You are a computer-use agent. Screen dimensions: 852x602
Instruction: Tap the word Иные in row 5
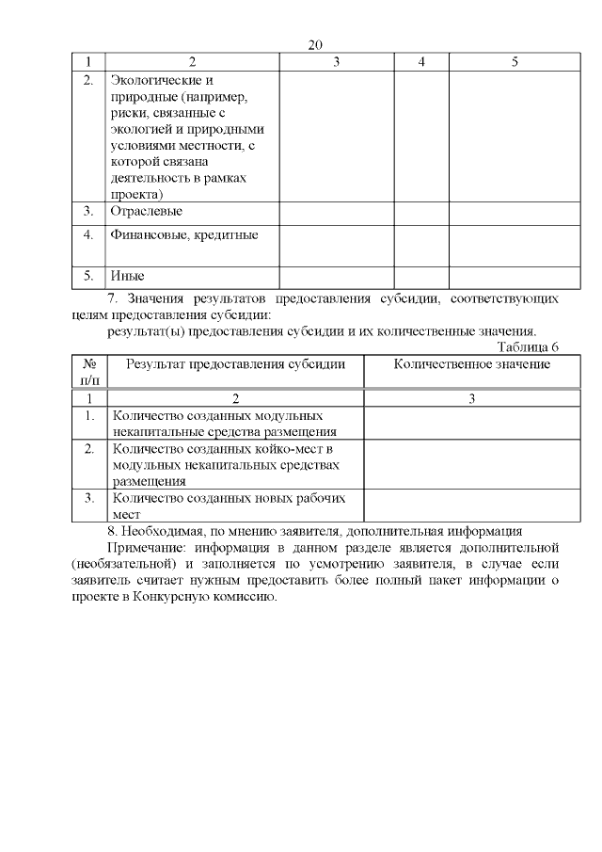pos(127,277)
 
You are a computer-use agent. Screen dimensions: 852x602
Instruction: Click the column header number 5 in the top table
pos(515,62)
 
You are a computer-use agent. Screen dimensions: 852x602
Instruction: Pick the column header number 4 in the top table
pos(420,62)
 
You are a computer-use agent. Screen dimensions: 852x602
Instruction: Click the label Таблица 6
pos(528,346)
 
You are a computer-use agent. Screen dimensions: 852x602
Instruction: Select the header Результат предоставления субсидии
pos(236,363)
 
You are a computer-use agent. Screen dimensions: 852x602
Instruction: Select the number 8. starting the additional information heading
pos(113,530)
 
